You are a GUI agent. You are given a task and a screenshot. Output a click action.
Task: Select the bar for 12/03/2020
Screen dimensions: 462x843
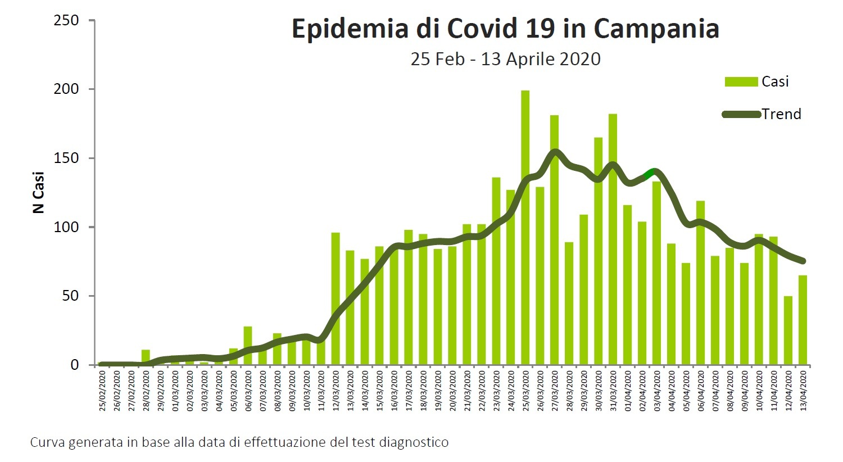click(336, 298)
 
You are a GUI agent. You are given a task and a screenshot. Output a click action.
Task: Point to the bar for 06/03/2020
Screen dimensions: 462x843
click(248, 345)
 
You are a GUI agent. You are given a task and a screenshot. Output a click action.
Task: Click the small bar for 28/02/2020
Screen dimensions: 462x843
click(146, 357)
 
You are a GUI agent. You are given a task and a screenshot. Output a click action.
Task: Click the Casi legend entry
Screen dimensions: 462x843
click(774, 82)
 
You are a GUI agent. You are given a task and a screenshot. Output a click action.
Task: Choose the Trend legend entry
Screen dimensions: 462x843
click(781, 114)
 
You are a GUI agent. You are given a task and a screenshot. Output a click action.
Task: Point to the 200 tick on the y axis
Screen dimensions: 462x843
click(66, 89)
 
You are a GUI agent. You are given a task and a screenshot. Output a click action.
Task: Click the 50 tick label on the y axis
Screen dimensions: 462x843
click(70, 296)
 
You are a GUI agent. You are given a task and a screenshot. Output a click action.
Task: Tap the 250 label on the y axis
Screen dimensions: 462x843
click(66, 21)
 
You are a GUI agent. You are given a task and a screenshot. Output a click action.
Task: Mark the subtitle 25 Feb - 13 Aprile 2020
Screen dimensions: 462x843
click(505, 59)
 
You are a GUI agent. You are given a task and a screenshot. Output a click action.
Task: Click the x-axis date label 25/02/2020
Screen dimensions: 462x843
click(102, 389)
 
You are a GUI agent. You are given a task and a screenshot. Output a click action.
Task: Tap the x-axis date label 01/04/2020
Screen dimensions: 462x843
click(628, 389)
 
